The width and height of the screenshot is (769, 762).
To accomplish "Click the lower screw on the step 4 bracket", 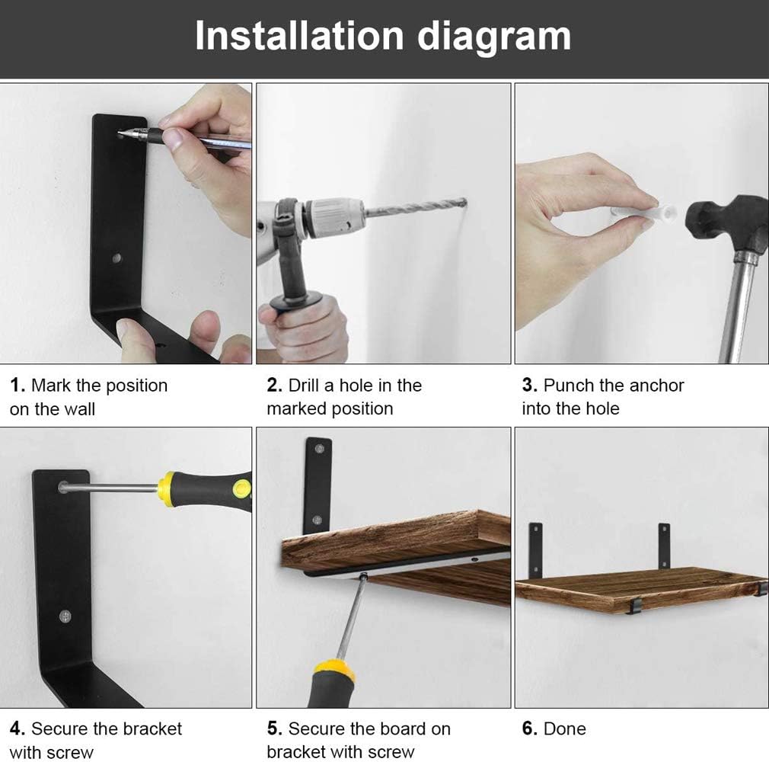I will pos(65,615).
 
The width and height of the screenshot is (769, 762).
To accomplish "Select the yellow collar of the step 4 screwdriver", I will pos(167,488).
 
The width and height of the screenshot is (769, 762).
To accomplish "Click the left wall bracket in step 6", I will pos(536,549).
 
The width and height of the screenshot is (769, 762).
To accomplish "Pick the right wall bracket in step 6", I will pos(664,545).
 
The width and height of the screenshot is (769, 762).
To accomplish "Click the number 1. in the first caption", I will pos(18,386).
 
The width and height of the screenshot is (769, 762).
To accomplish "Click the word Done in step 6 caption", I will pos(565,728).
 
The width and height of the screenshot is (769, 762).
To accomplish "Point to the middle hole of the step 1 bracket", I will pos(116,258).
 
